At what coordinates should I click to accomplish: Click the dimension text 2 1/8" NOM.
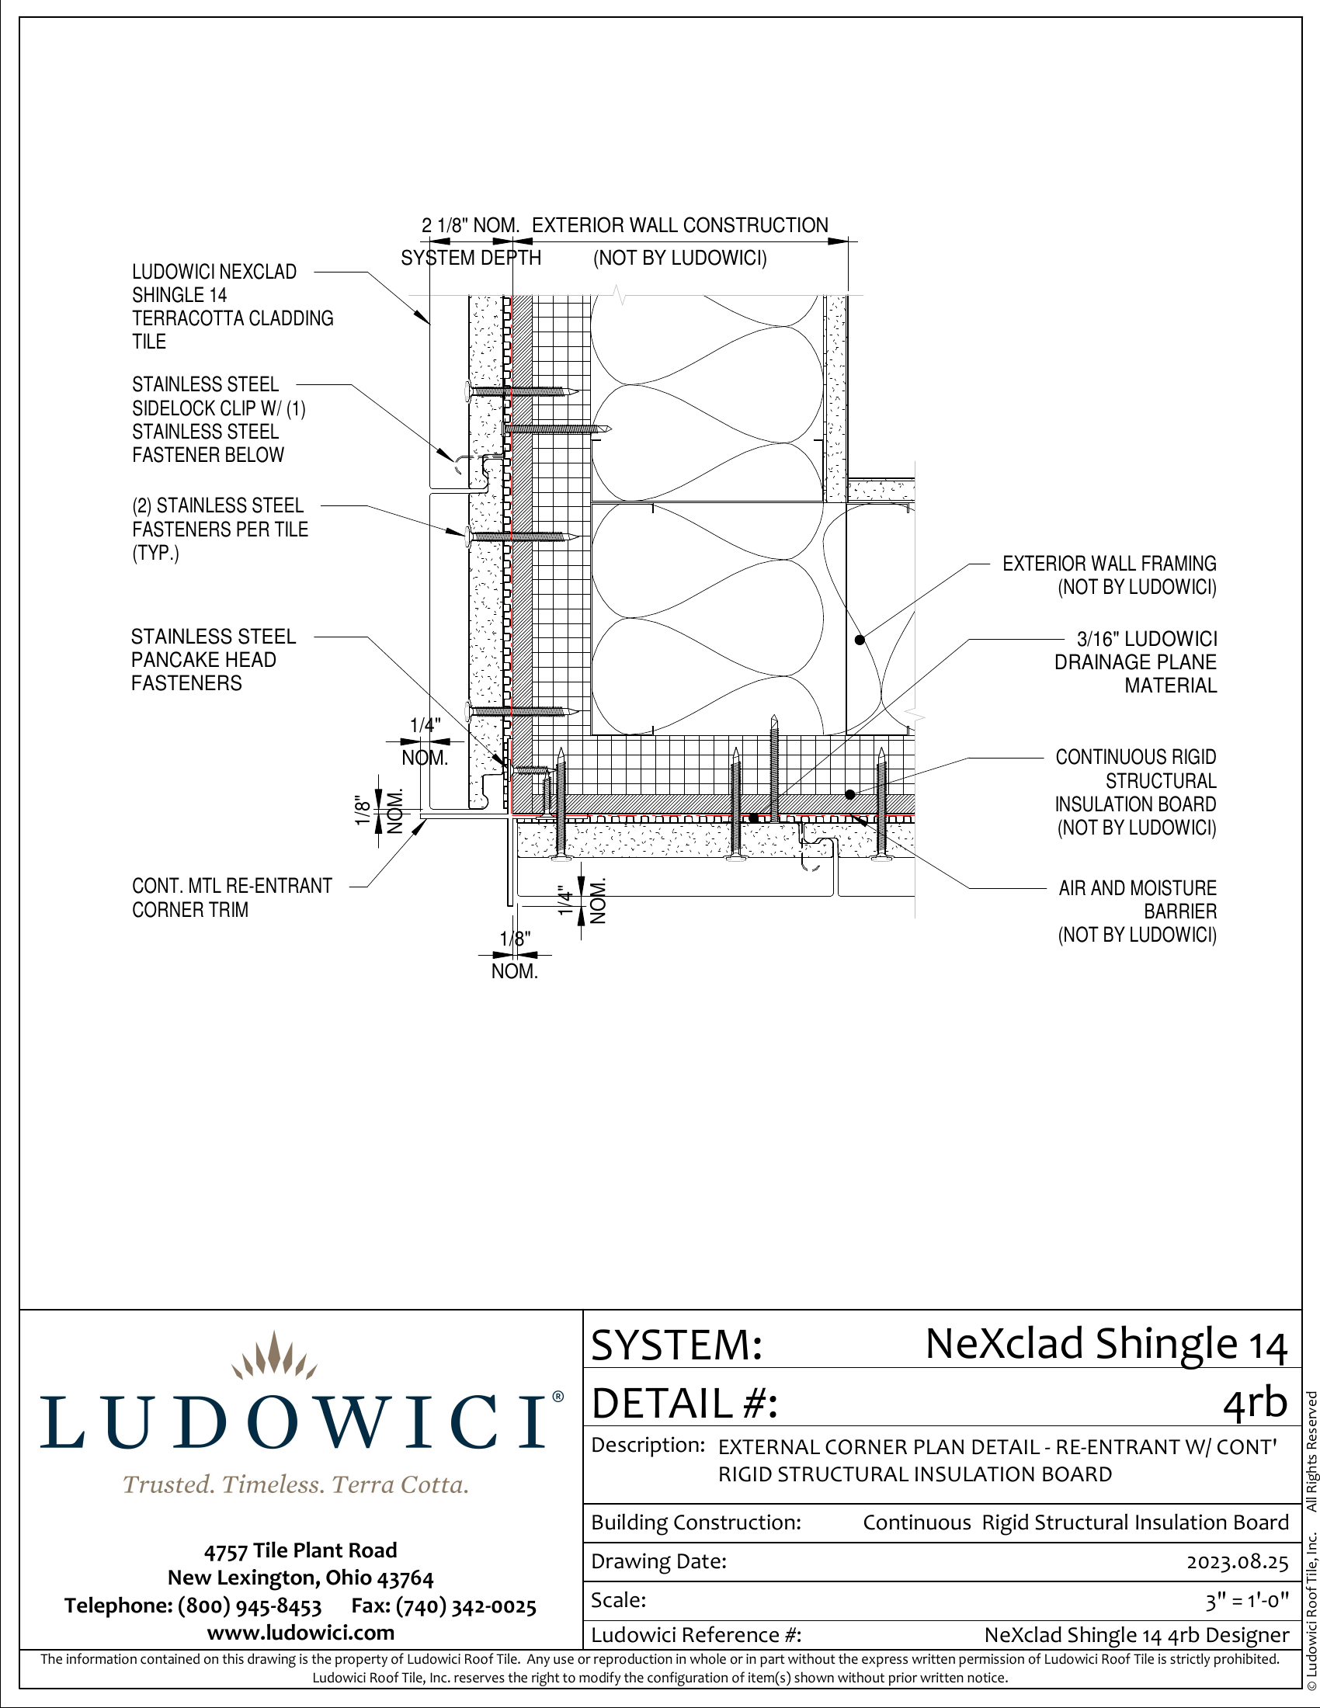coord(470,226)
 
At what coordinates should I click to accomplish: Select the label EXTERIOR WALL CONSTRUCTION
coord(679,226)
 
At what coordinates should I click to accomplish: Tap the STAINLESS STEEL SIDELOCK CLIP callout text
coord(218,419)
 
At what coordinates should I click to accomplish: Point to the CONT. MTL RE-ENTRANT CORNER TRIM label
coord(231,897)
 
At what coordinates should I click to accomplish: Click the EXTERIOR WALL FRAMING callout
coord(1109,575)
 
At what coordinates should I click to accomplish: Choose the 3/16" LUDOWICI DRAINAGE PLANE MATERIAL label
coord(1135,661)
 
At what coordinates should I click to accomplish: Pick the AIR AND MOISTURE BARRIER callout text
coord(1137,911)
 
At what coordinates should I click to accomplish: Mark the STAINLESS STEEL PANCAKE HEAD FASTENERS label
coord(213,659)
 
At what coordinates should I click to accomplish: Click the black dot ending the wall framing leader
coord(860,640)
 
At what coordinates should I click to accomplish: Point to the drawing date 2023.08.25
coord(1236,1562)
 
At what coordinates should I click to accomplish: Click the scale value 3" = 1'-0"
coord(1245,1601)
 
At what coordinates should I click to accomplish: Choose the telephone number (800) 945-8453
coord(249,1606)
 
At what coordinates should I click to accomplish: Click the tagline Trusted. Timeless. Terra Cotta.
coord(296,1484)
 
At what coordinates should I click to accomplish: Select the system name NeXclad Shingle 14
coord(1105,1345)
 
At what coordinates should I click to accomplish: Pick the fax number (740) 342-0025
coord(465,1606)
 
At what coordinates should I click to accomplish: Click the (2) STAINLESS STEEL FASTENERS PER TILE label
coord(220,529)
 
